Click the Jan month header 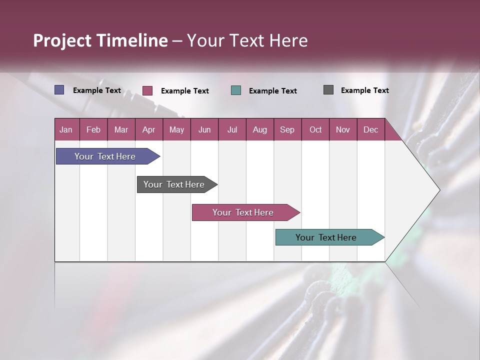(66, 130)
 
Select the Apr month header (148, 130)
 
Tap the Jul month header (232, 130)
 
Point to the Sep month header (287, 130)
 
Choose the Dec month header (370, 130)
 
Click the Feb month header (93, 130)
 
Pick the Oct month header (315, 130)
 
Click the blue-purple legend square (59, 90)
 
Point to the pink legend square (147, 90)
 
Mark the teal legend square (236, 90)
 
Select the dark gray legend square (328, 90)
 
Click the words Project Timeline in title (100, 40)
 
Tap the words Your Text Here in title (247, 40)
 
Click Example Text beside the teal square (272, 91)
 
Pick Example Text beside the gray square (364, 90)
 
